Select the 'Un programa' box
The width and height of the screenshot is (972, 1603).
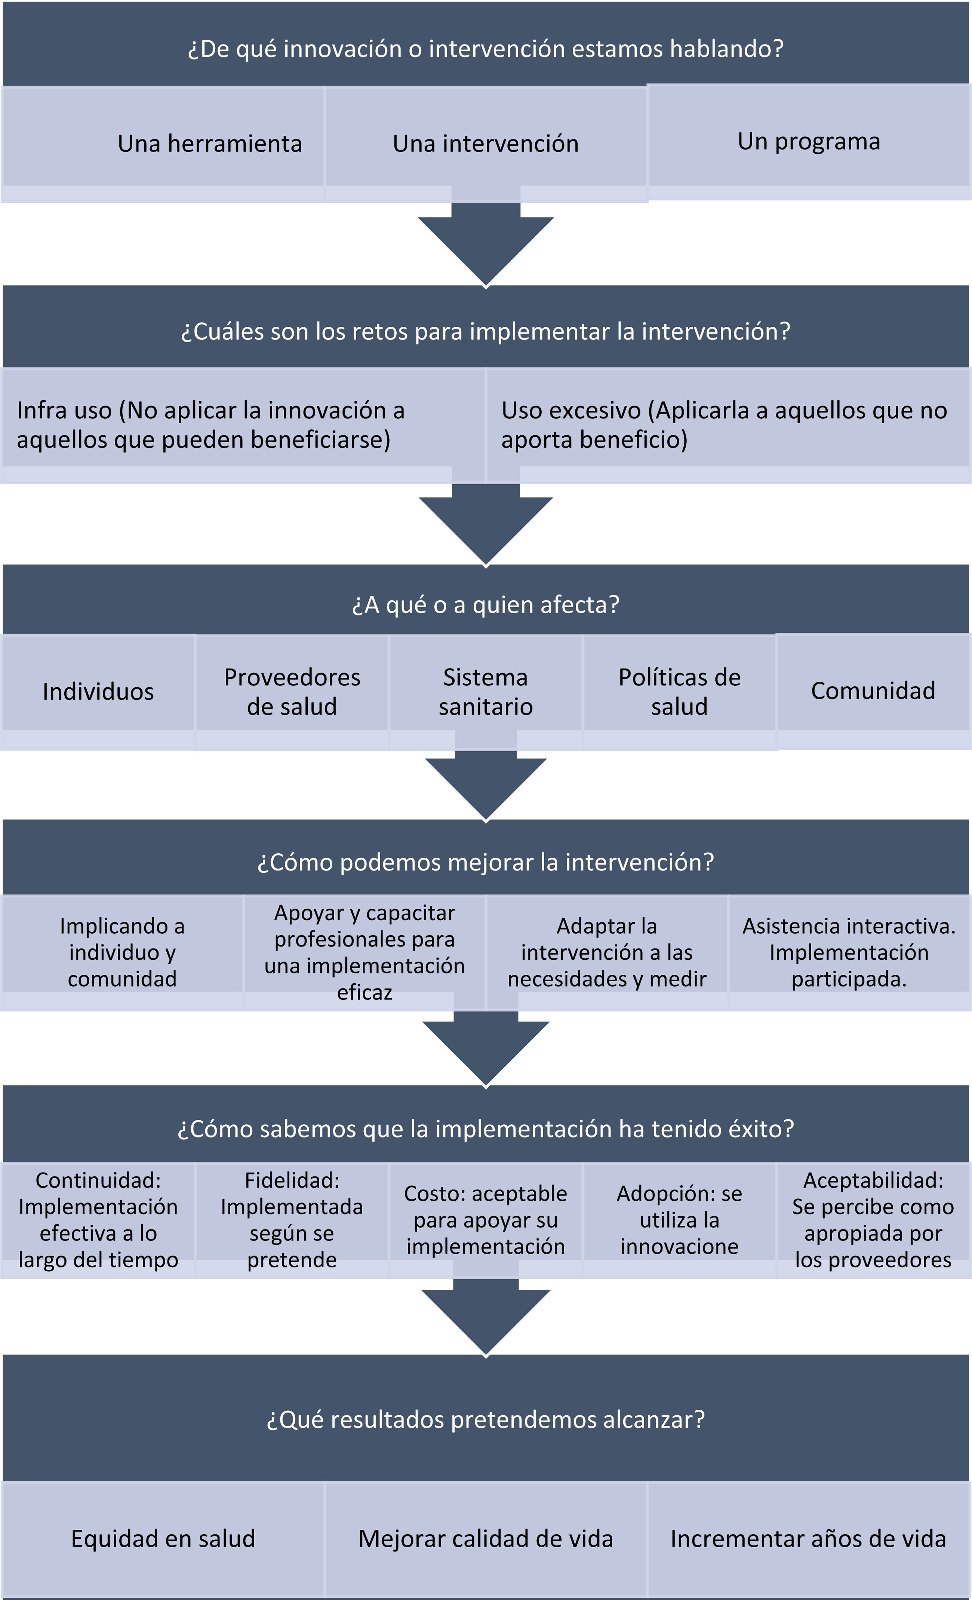[x=809, y=141]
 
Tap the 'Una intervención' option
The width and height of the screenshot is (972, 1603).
[x=485, y=143]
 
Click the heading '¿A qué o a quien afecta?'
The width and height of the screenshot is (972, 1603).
[x=485, y=604]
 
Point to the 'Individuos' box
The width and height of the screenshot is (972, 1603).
[x=98, y=691]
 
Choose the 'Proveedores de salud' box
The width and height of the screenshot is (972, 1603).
[x=292, y=691]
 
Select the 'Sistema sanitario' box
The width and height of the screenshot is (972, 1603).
[x=485, y=691]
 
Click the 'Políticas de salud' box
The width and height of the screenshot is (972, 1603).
[x=679, y=691]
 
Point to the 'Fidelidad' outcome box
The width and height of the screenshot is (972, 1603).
[x=292, y=1220]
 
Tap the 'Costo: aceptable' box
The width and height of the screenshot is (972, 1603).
[x=485, y=1220]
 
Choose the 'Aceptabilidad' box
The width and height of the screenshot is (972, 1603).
[x=873, y=1220]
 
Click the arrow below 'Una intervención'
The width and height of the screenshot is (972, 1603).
[x=485, y=244]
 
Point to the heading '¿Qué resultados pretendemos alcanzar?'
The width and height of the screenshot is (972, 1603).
[x=485, y=1419]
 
